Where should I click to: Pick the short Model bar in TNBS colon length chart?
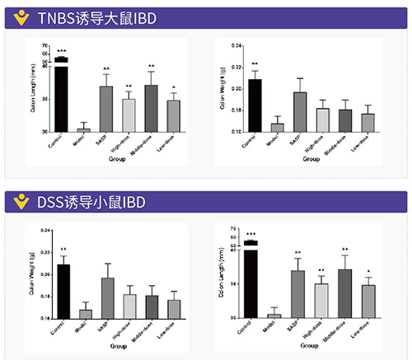[83, 129]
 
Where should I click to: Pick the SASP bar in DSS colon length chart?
[298, 293]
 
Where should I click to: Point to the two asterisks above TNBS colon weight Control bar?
[255, 64]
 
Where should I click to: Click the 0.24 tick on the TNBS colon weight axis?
[236, 45]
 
